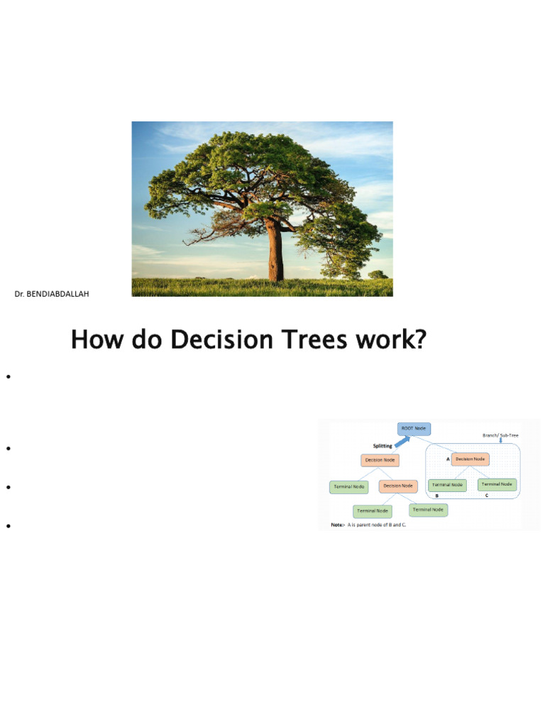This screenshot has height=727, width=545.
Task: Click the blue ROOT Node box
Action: (x=414, y=429)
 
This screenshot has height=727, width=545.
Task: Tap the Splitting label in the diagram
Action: (x=384, y=446)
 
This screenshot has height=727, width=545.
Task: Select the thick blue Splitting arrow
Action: (x=402, y=441)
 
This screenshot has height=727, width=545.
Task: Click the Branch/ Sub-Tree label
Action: (x=501, y=434)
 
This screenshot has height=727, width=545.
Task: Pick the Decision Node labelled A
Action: (x=469, y=459)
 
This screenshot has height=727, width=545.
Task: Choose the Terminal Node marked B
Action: (x=447, y=485)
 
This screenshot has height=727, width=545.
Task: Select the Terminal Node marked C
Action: (x=497, y=484)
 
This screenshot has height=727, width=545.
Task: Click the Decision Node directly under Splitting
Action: (x=380, y=460)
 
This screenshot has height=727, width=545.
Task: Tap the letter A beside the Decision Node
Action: (x=448, y=459)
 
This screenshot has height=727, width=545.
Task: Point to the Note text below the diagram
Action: (x=369, y=525)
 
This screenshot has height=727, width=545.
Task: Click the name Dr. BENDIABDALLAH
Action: (x=52, y=293)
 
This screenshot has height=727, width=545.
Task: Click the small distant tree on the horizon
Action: (x=378, y=274)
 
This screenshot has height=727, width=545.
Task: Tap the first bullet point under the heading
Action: (x=9, y=376)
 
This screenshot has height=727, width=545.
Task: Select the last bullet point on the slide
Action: (x=9, y=526)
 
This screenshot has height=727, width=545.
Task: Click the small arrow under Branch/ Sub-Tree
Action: (x=501, y=441)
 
